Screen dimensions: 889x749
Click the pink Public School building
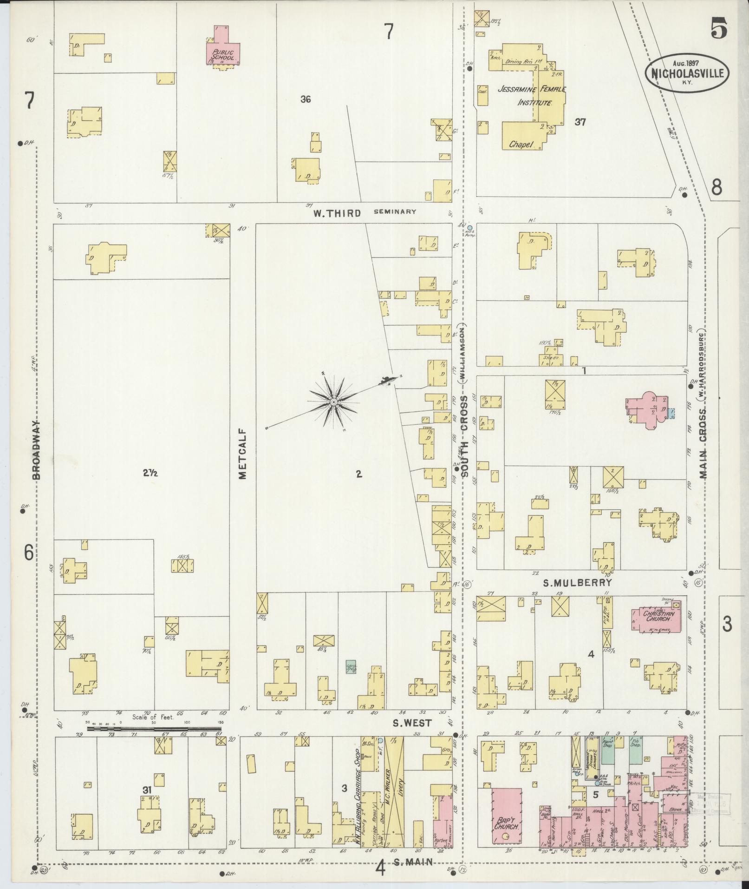(x=223, y=48)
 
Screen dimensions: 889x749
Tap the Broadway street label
(x=38, y=450)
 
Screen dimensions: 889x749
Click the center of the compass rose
(x=333, y=401)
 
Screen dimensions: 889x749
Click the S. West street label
(x=412, y=736)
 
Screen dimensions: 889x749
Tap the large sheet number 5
(x=717, y=31)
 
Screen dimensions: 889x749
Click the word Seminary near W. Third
(x=395, y=211)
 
